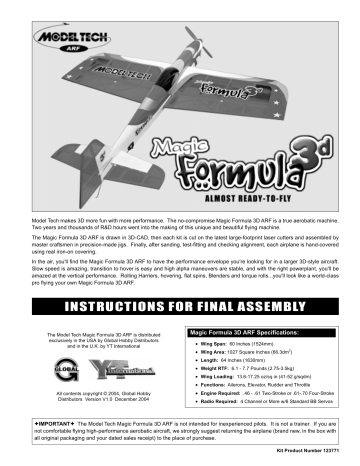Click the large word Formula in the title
tap(246, 177)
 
